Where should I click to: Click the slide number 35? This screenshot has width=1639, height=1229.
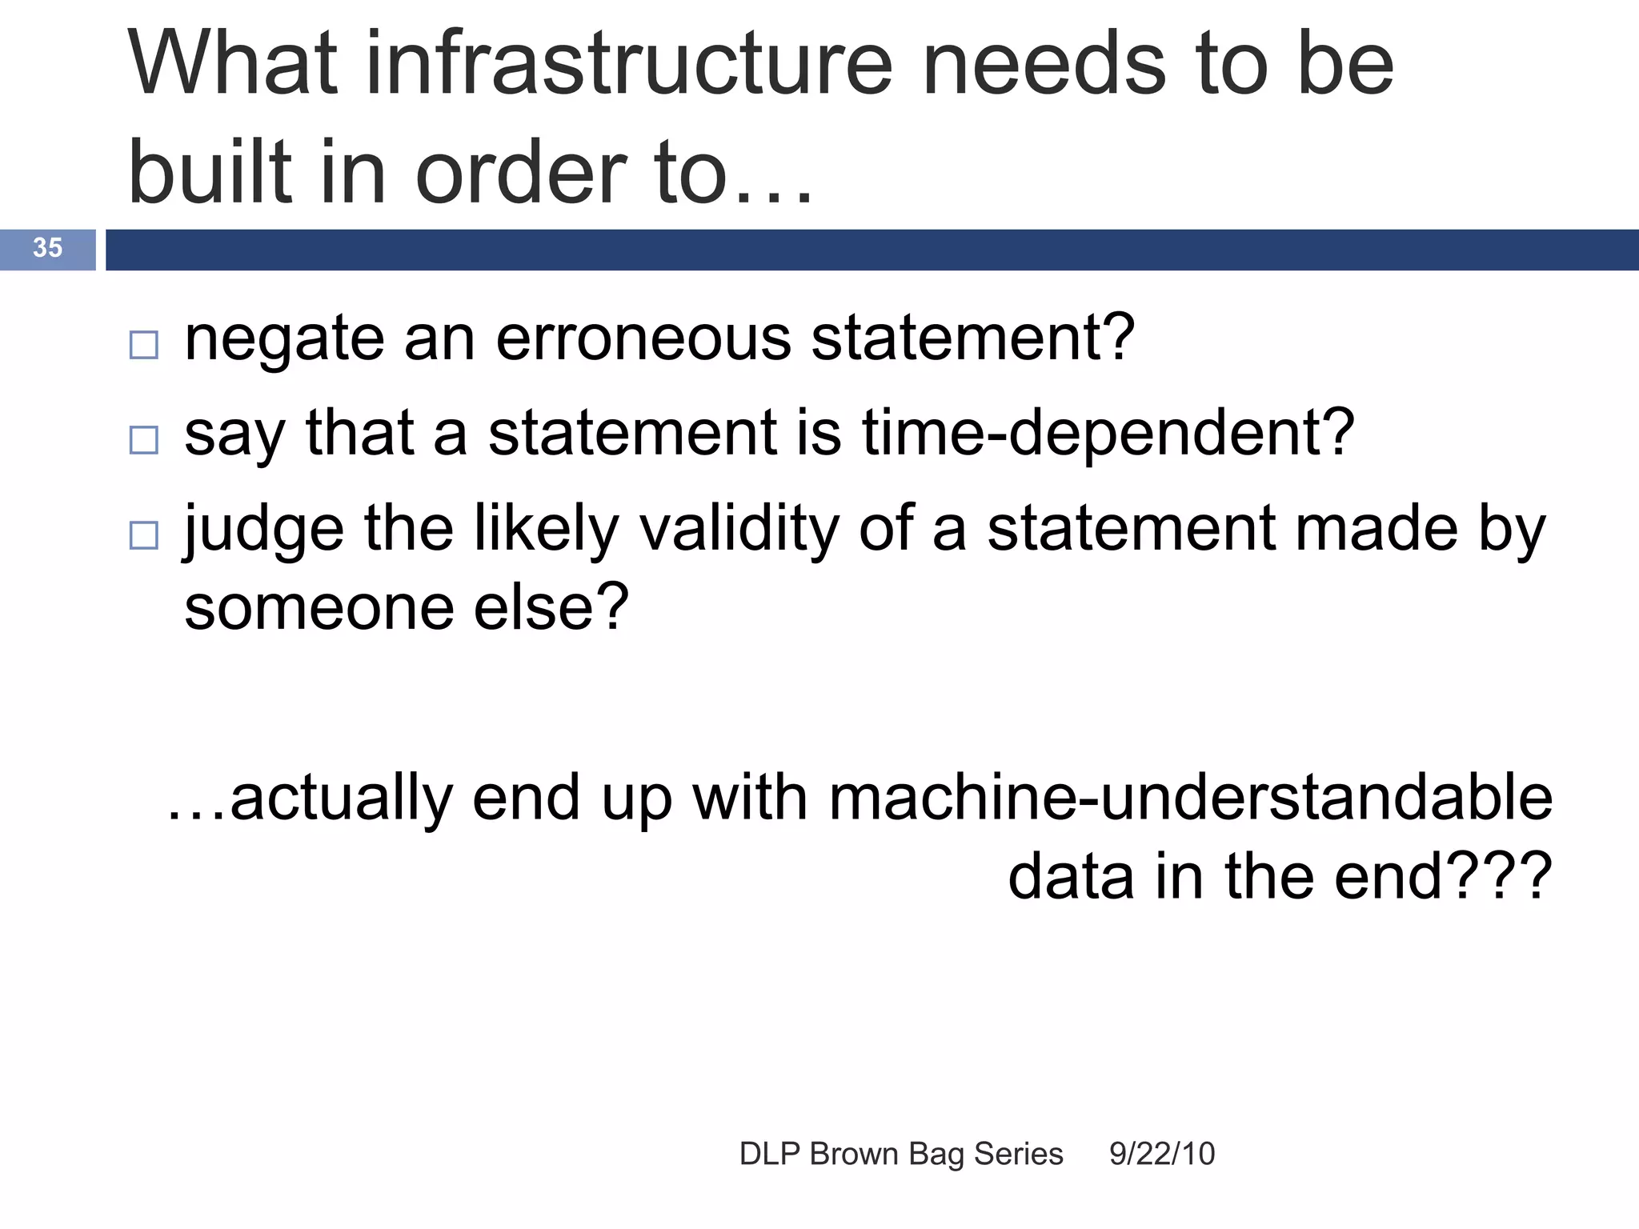click(x=47, y=248)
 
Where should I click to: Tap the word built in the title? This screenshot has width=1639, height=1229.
click(x=210, y=172)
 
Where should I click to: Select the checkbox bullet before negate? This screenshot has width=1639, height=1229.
click(x=144, y=345)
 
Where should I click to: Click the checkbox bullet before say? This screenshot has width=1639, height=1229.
click(x=144, y=440)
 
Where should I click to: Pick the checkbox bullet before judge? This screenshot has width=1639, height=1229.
click(x=144, y=535)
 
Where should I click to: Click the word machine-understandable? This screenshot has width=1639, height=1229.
click(x=1190, y=798)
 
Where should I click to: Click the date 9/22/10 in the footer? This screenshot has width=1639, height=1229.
click(x=1162, y=1155)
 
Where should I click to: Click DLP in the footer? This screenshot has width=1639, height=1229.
click(x=770, y=1155)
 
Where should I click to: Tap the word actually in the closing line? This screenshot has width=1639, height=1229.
click(x=341, y=798)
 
